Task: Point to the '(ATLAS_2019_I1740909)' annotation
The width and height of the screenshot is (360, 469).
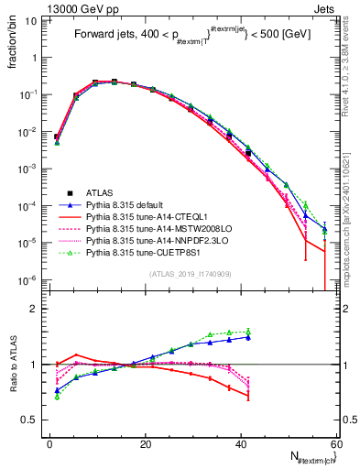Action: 190,274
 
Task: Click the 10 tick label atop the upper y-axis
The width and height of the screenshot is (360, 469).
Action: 34,18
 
